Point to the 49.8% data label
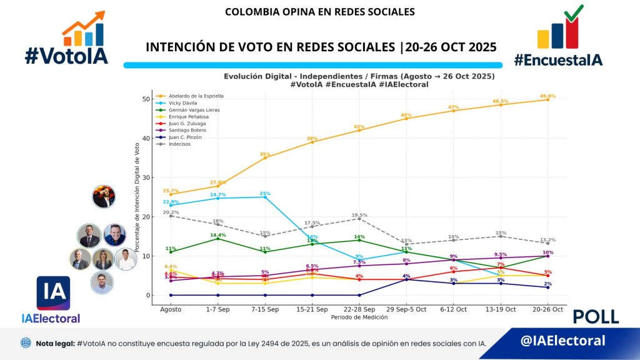click(x=548, y=96)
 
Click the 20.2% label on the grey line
click(x=171, y=212)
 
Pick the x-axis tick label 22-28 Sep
click(x=359, y=309)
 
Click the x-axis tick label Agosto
click(x=171, y=309)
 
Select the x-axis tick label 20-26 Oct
click(x=548, y=309)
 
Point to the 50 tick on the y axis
click(x=146, y=99)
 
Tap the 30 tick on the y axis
click(x=146, y=177)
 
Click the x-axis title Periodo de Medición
click(x=359, y=317)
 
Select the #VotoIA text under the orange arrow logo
click(x=66, y=56)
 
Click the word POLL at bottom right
click(x=596, y=317)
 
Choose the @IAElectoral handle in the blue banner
click(x=563, y=341)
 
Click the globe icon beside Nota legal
click(x=25, y=343)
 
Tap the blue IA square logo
click(x=53, y=293)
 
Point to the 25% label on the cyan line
click(x=265, y=194)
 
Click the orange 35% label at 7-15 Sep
click(x=265, y=154)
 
